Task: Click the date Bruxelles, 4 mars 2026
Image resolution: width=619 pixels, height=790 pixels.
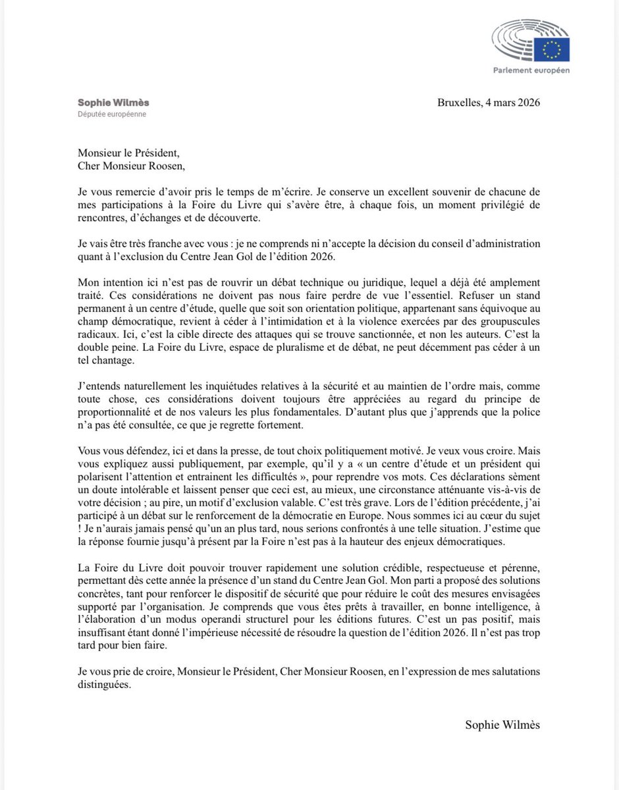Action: click(489, 103)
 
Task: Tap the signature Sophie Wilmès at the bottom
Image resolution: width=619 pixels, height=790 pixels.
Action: click(502, 724)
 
